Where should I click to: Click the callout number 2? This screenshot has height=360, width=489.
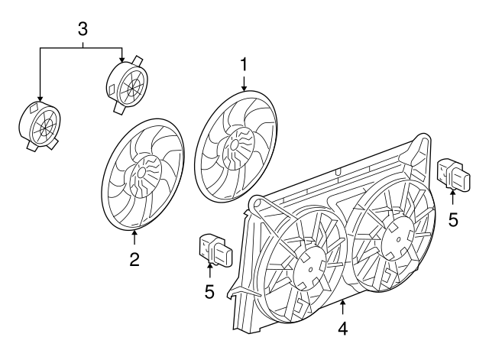click(134, 259)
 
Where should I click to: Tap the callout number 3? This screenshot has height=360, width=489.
click(83, 30)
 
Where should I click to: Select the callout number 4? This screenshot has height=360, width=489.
click(343, 329)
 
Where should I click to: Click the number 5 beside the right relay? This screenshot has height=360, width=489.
click(453, 220)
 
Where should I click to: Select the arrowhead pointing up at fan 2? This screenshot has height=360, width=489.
click(134, 233)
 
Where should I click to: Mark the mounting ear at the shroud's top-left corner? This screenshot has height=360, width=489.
click(257, 204)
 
